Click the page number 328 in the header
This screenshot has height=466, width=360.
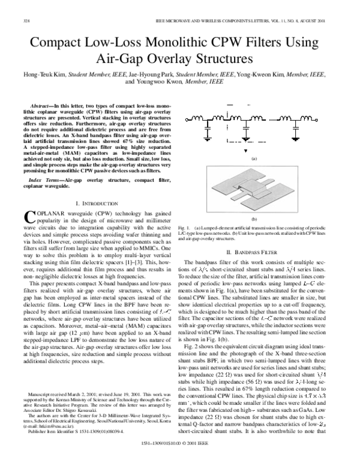point(26,21)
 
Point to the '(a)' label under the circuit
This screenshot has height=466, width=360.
point(254,159)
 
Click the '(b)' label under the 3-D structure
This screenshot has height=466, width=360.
point(254,220)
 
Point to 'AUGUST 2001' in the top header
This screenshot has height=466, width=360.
point(312,21)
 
